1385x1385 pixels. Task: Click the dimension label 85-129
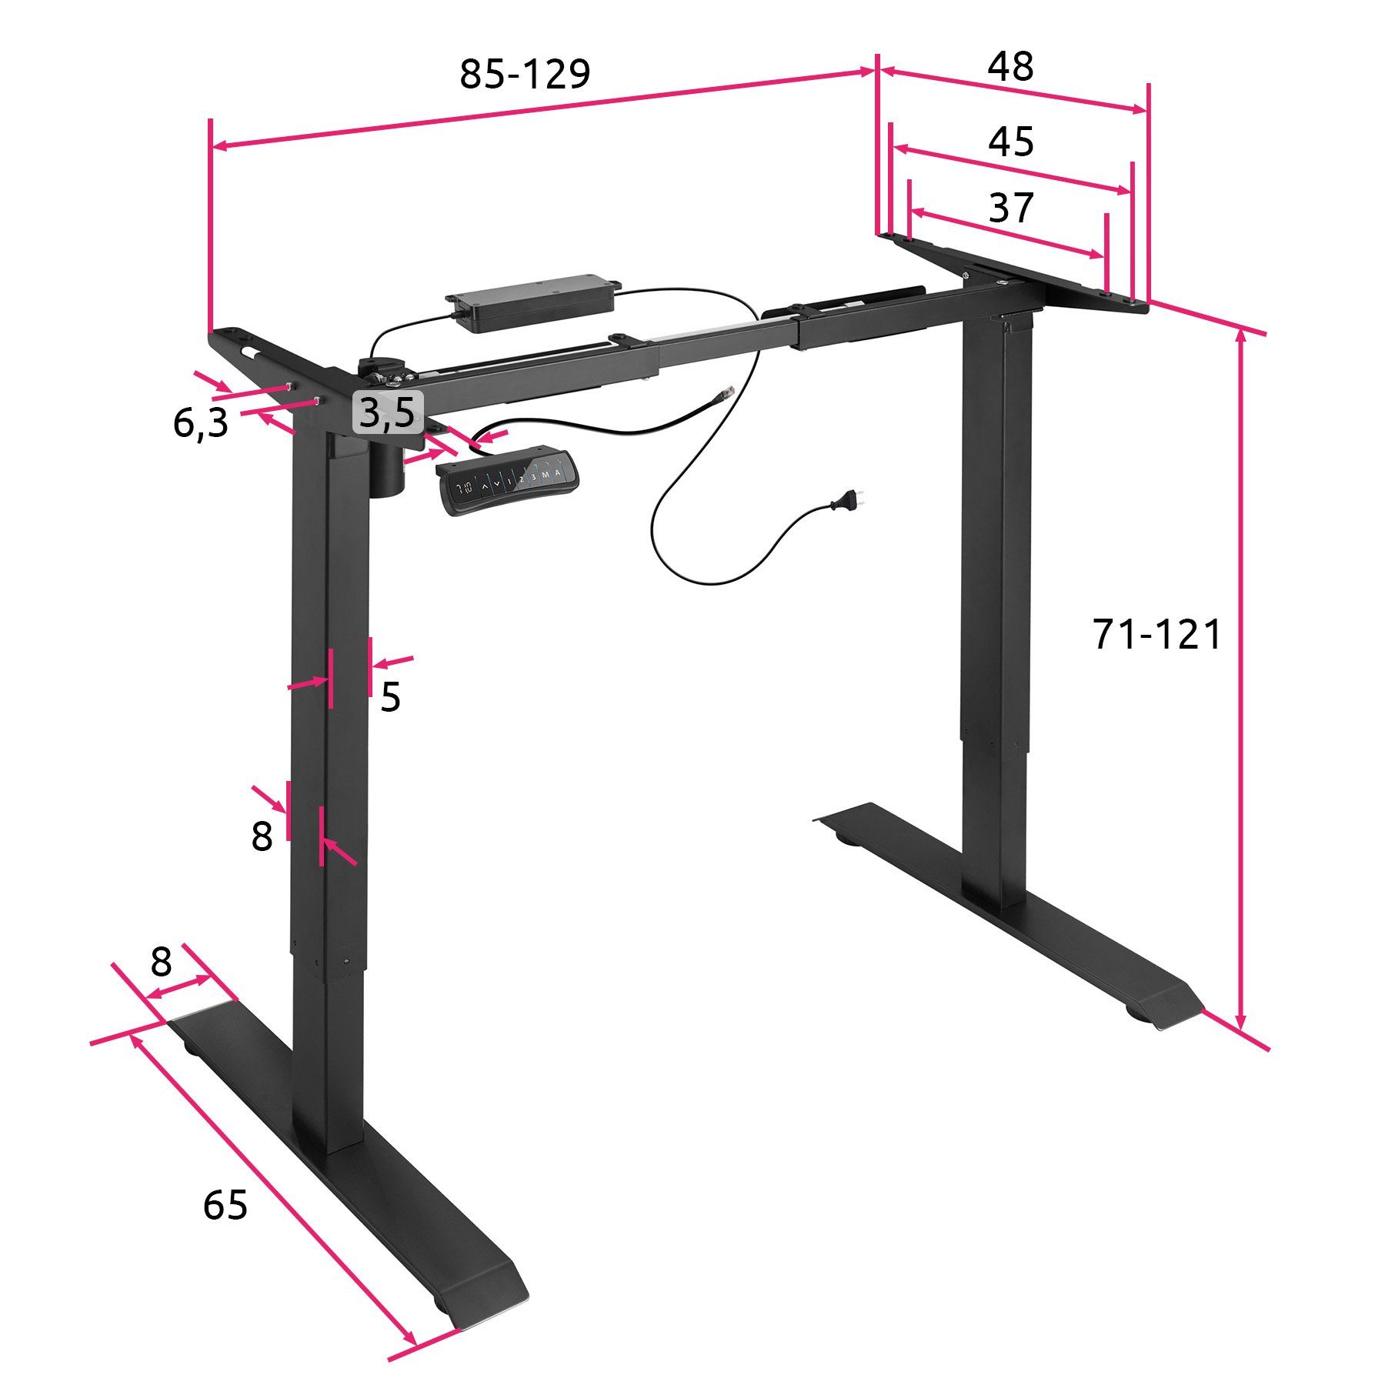525,75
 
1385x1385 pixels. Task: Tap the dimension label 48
1010,66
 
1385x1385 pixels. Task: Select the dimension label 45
1011,142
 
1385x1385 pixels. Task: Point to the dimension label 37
1011,208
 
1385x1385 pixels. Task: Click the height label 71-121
1156,635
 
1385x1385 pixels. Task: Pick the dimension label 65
225,1204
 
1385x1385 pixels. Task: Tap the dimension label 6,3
200,422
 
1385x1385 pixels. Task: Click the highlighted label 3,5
388,412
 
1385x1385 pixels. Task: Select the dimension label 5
390,697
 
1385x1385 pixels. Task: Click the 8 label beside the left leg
262,836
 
